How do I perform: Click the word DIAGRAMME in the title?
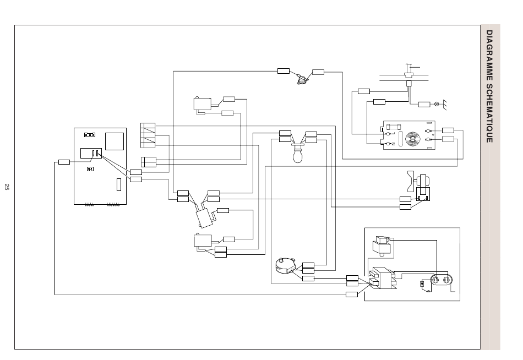[489, 56]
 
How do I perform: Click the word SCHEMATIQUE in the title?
[489, 113]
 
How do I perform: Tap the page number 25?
[7, 187]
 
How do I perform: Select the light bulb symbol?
[297, 154]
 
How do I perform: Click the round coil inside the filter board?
[413, 139]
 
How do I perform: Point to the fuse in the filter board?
[394, 127]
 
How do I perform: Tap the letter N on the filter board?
[393, 144]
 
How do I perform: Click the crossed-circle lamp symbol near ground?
[437, 105]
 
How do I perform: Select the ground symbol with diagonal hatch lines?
[444, 105]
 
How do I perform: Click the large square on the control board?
[115, 141]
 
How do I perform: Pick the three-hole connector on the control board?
[89, 135]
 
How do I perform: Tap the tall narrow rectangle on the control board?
[119, 184]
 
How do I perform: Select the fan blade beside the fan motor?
[411, 181]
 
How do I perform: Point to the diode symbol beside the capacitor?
[422, 284]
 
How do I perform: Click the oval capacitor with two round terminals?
[440, 280]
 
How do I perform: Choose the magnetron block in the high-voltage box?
[382, 246]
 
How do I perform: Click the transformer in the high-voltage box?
[383, 277]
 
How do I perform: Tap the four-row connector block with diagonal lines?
[148, 135]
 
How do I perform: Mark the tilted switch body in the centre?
[204, 218]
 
